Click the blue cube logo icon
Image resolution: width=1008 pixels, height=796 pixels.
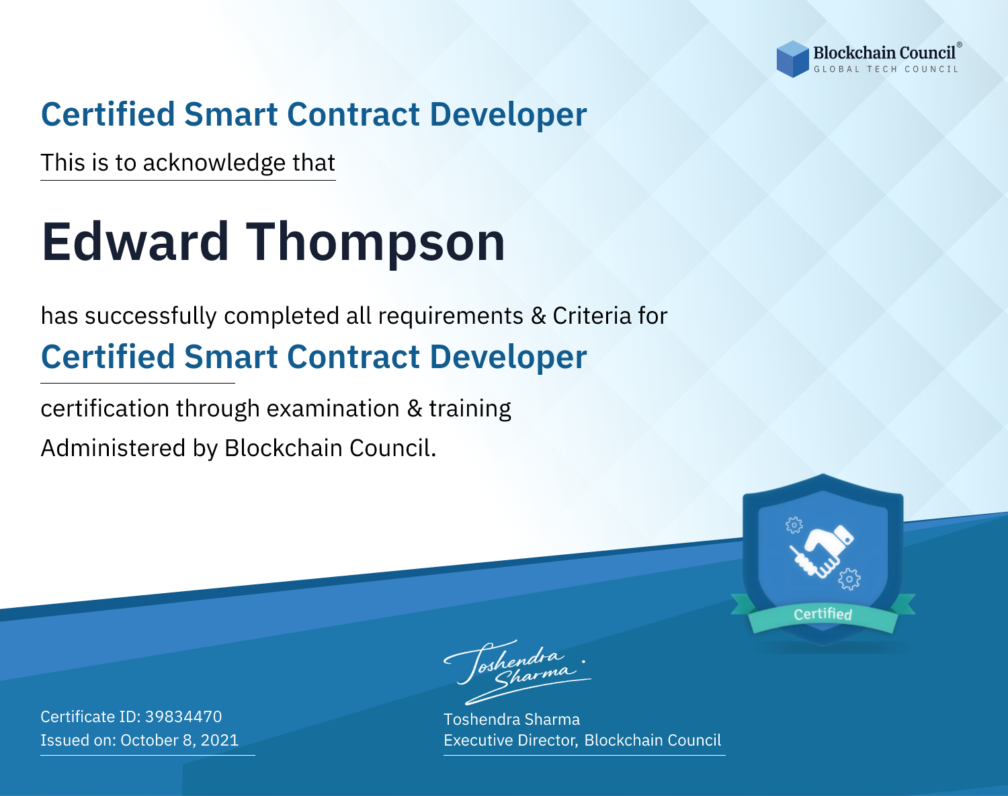point(792,59)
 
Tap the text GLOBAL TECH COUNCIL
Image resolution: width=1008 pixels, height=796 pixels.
point(886,69)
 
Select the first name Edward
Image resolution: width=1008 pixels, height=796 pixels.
point(135,242)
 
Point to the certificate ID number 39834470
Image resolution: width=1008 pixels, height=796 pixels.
point(183,716)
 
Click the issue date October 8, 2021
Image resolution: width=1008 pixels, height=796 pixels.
point(179,740)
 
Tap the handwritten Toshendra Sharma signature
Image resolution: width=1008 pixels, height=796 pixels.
point(517,672)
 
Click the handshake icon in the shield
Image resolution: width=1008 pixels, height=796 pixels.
point(822,551)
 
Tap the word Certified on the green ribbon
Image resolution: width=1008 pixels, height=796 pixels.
point(823,614)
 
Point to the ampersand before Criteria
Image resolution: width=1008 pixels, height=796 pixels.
point(538,316)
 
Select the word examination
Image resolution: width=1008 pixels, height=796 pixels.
point(333,408)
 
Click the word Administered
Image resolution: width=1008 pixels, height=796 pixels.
point(113,447)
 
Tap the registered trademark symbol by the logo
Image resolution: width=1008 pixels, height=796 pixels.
point(960,44)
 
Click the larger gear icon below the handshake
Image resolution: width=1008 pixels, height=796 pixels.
point(849,579)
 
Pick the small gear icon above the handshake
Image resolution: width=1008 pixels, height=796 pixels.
point(794,525)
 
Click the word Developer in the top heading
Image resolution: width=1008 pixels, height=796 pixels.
point(508,115)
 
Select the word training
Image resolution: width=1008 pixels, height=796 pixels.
point(470,409)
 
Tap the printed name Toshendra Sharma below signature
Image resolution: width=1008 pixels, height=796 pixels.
point(511,719)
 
